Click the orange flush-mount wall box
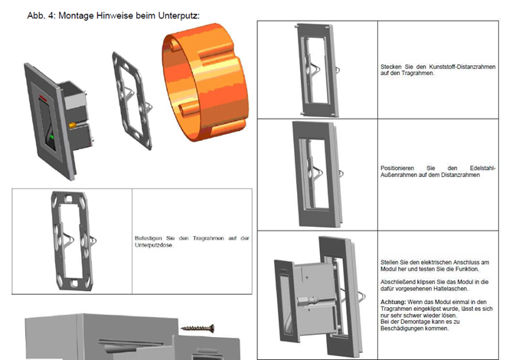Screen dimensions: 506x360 point(206,82)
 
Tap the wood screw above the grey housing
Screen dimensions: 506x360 point(198,329)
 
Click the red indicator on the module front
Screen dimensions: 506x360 point(43,98)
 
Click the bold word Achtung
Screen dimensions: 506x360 point(393,303)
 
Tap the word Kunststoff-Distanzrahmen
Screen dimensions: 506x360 point(462,67)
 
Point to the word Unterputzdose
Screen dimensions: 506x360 point(154,245)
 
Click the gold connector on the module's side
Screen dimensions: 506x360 point(73,125)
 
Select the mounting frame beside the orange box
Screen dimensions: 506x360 point(132,101)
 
